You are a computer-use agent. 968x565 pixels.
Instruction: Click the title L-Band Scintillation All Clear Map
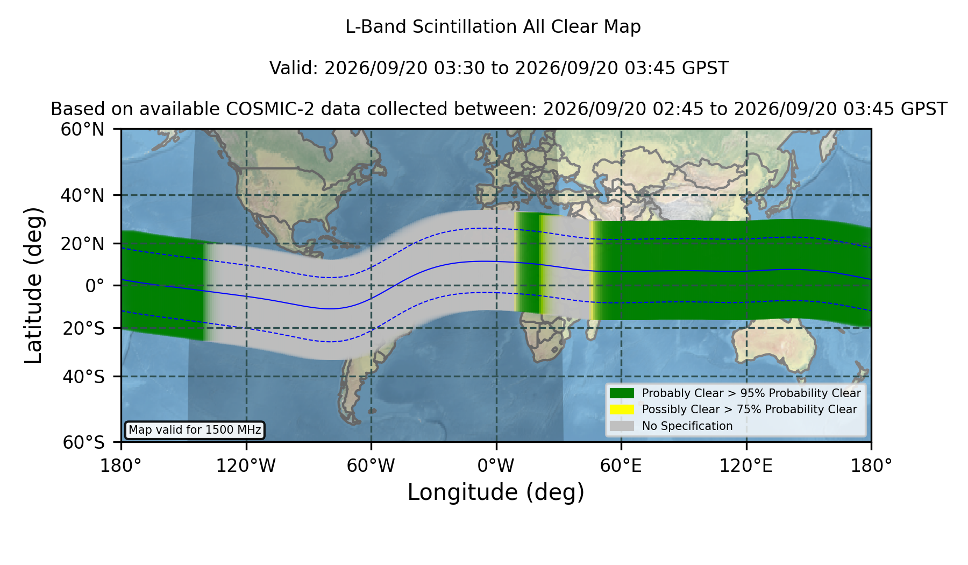click(493, 27)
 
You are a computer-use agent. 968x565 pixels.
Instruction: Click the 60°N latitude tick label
click(82, 130)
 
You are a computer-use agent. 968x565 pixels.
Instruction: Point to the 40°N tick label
click(82, 195)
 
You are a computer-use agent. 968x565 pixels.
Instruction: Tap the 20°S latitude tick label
click(83, 328)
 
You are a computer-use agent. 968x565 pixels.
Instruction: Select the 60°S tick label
click(83, 442)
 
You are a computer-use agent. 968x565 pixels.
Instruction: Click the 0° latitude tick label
click(95, 286)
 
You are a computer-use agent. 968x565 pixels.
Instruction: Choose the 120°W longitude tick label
click(246, 465)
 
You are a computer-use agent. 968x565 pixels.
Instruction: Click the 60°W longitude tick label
click(371, 465)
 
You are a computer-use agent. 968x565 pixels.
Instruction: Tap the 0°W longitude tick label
click(496, 465)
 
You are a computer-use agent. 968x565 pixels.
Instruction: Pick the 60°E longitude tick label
click(621, 465)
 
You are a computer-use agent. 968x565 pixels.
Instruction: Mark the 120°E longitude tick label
click(746, 465)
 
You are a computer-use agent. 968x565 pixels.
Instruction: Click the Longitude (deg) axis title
click(496, 492)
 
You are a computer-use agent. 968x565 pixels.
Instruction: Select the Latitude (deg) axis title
click(33, 286)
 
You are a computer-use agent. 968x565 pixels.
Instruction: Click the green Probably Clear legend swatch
click(622, 393)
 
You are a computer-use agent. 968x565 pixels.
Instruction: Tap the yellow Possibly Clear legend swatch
click(622, 409)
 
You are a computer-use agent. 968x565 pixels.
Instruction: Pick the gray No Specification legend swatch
click(622, 426)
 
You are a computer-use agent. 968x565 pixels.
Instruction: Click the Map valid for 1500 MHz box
click(195, 430)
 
